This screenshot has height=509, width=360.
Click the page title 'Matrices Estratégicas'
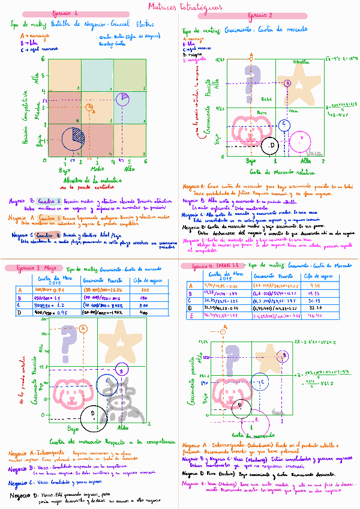180,6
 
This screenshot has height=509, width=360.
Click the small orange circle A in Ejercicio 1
90,107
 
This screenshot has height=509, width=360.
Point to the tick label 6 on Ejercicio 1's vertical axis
43,58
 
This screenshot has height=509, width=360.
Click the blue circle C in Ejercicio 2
283,125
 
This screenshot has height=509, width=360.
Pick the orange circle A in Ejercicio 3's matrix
83,328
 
